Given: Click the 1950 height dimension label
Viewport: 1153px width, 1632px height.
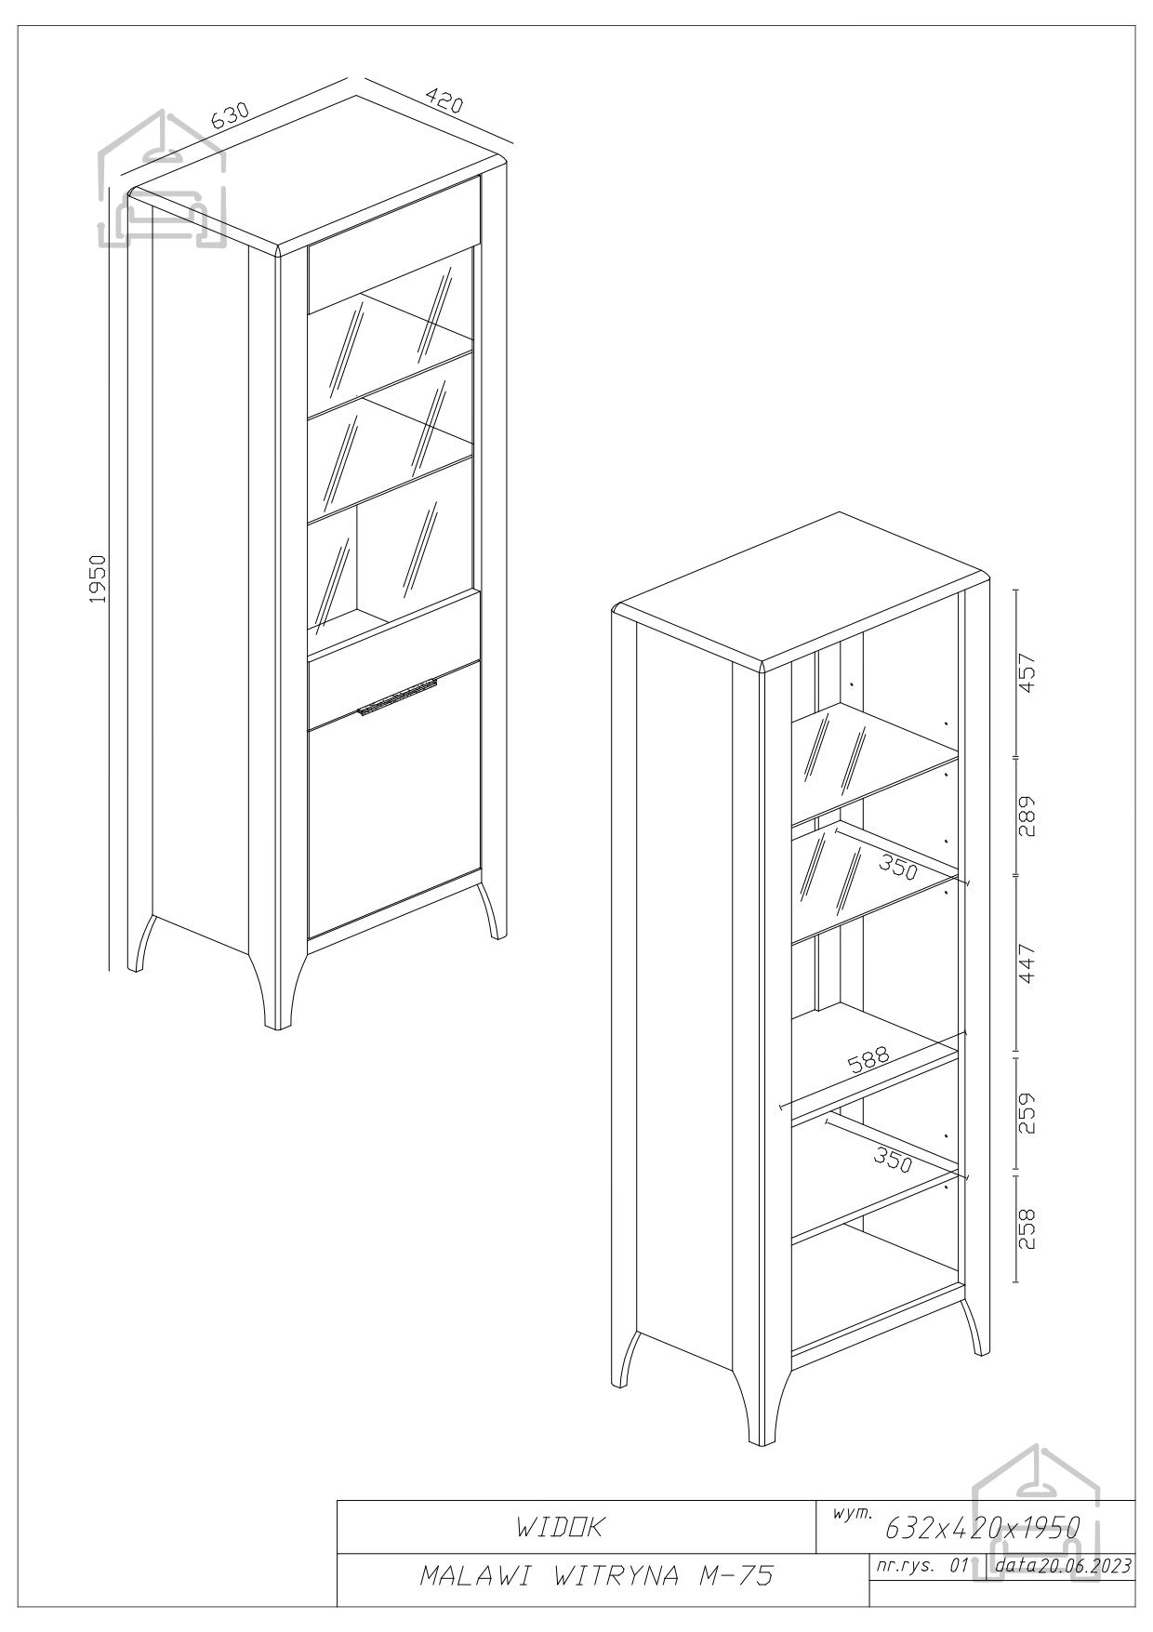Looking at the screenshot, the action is pyautogui.click(x=99, y=578).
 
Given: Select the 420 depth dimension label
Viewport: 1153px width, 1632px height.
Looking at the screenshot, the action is pyautogui.click(x=444, y=100).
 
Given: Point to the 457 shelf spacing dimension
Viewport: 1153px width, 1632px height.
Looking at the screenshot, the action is pyautogui.click(x=1027, y=674).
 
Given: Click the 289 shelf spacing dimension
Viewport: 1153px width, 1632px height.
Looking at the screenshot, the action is pyautogui.click(x=1027, y=816).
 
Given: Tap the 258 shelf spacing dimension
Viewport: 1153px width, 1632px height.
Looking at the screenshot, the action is pyautogui.click(x=1027, y=1229).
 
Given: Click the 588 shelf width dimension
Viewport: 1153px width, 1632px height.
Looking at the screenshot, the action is pyautogui.click(x=868, y=1062).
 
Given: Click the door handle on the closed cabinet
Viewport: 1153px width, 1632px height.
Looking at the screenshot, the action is pyautogui.click(x=397, y=697).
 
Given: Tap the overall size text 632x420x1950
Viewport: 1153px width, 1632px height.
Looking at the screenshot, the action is pyautogui.click(x=982, y=1500).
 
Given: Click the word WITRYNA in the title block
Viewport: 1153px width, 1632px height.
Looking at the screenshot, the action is pyautogui.click(x=613, y=1574).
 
